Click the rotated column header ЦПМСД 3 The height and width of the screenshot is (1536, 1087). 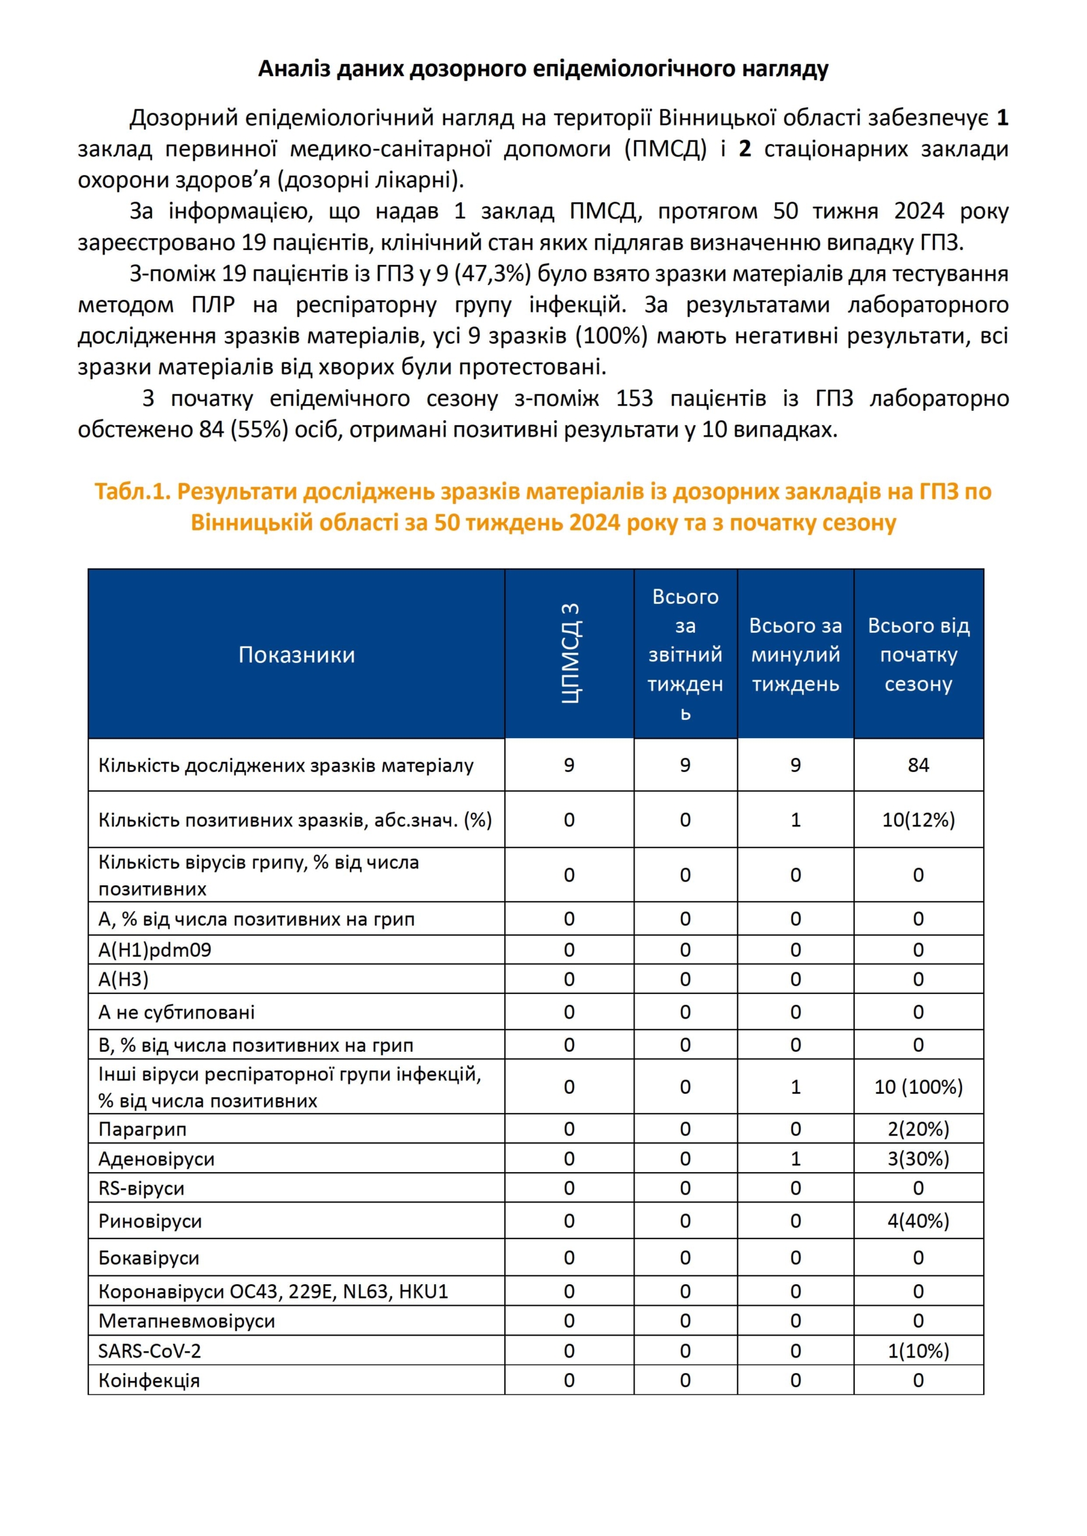click(x=569, y=653)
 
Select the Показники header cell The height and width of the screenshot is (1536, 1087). click(x=296, y=655)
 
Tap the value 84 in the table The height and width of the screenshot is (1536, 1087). click(x=918, y=765)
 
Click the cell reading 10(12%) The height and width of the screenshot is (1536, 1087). click(x=918, y=820)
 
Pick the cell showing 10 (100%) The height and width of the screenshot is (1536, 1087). click(x=918, y=1087)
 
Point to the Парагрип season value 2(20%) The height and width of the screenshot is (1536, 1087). click(x=918, y=1129)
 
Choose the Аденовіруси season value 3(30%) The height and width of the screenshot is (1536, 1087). click(x=918, y=1159)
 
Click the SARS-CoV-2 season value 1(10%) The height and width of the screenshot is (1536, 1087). click(x=918, y=1351)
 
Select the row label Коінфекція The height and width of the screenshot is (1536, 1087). click(x=149, y=1380)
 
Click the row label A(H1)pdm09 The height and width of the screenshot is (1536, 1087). click(x=155, y=950)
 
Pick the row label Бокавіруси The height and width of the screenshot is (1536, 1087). click(x=149, y=1258)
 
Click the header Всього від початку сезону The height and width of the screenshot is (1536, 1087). click(x=918, y=655)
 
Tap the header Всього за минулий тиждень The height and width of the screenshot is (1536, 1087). click(x=795, y=655)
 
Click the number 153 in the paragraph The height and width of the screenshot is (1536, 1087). click(x=634, y=399)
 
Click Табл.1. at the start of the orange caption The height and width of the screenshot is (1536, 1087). click(x=132, y=492)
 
